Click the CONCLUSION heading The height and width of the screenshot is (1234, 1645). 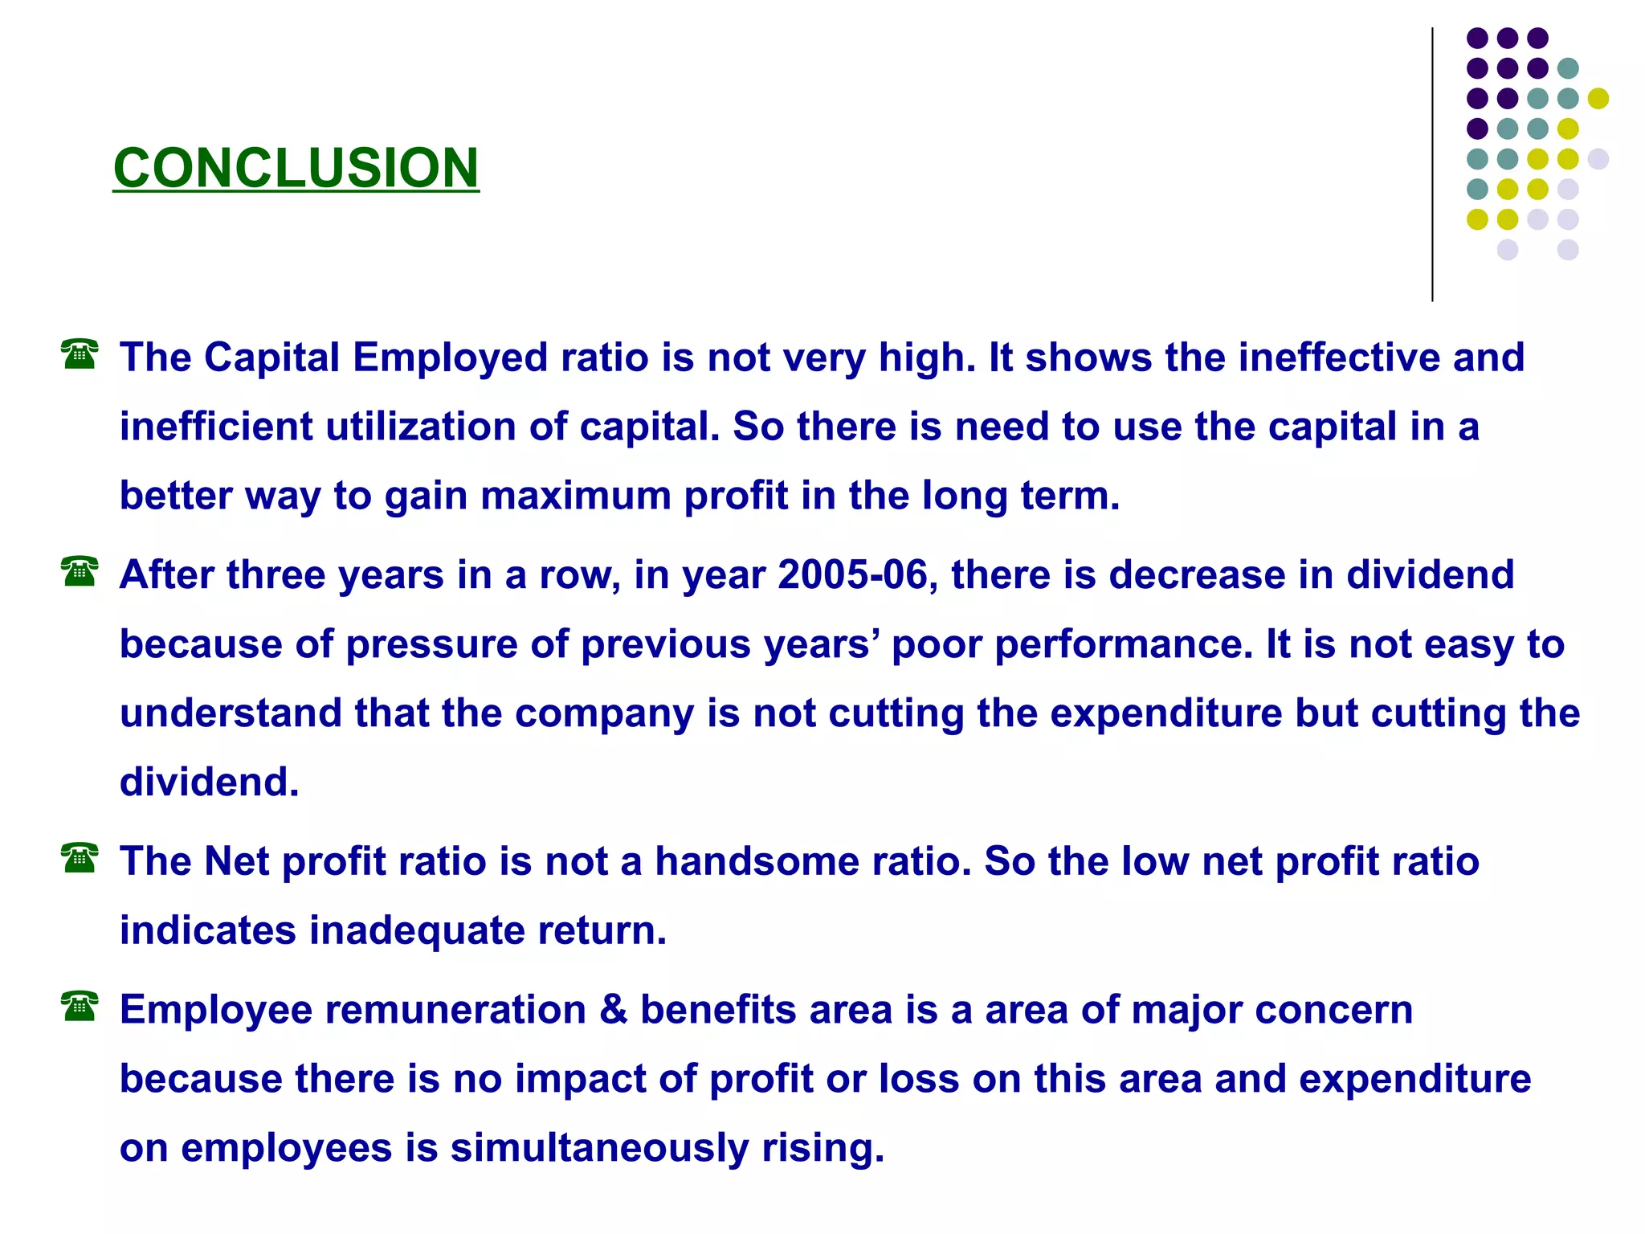(296, 168)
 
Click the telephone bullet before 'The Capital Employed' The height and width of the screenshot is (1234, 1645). (80, 354)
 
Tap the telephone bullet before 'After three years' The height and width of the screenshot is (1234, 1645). (80, 571)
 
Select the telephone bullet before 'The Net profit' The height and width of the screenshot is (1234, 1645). (80, 858)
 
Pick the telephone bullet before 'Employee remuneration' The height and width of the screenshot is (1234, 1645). (80, 1007)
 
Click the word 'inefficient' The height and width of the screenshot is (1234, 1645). (216, 427)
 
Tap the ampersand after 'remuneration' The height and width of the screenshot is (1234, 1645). (613, 1010)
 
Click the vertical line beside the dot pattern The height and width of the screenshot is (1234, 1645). (1432, 165)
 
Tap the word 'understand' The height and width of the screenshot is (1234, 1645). (231, 713)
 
